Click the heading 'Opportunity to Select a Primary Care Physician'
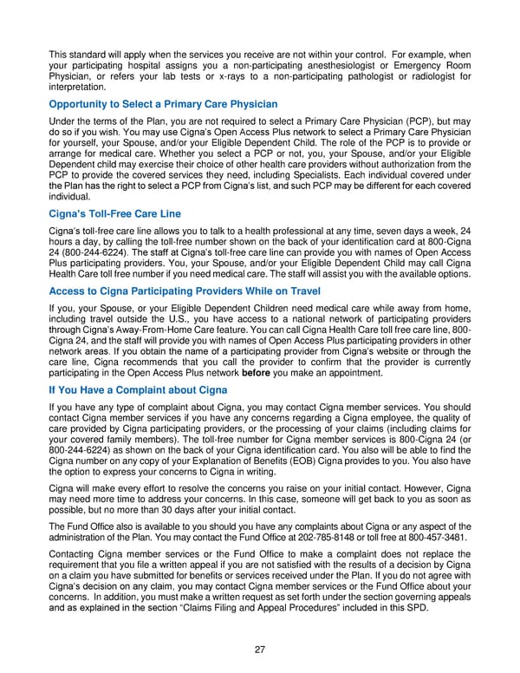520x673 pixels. click(x=164, y=104)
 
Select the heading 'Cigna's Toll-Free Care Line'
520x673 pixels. click(x=115, y=214)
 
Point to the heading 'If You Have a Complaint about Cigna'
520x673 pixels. click(x=139, y=389)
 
